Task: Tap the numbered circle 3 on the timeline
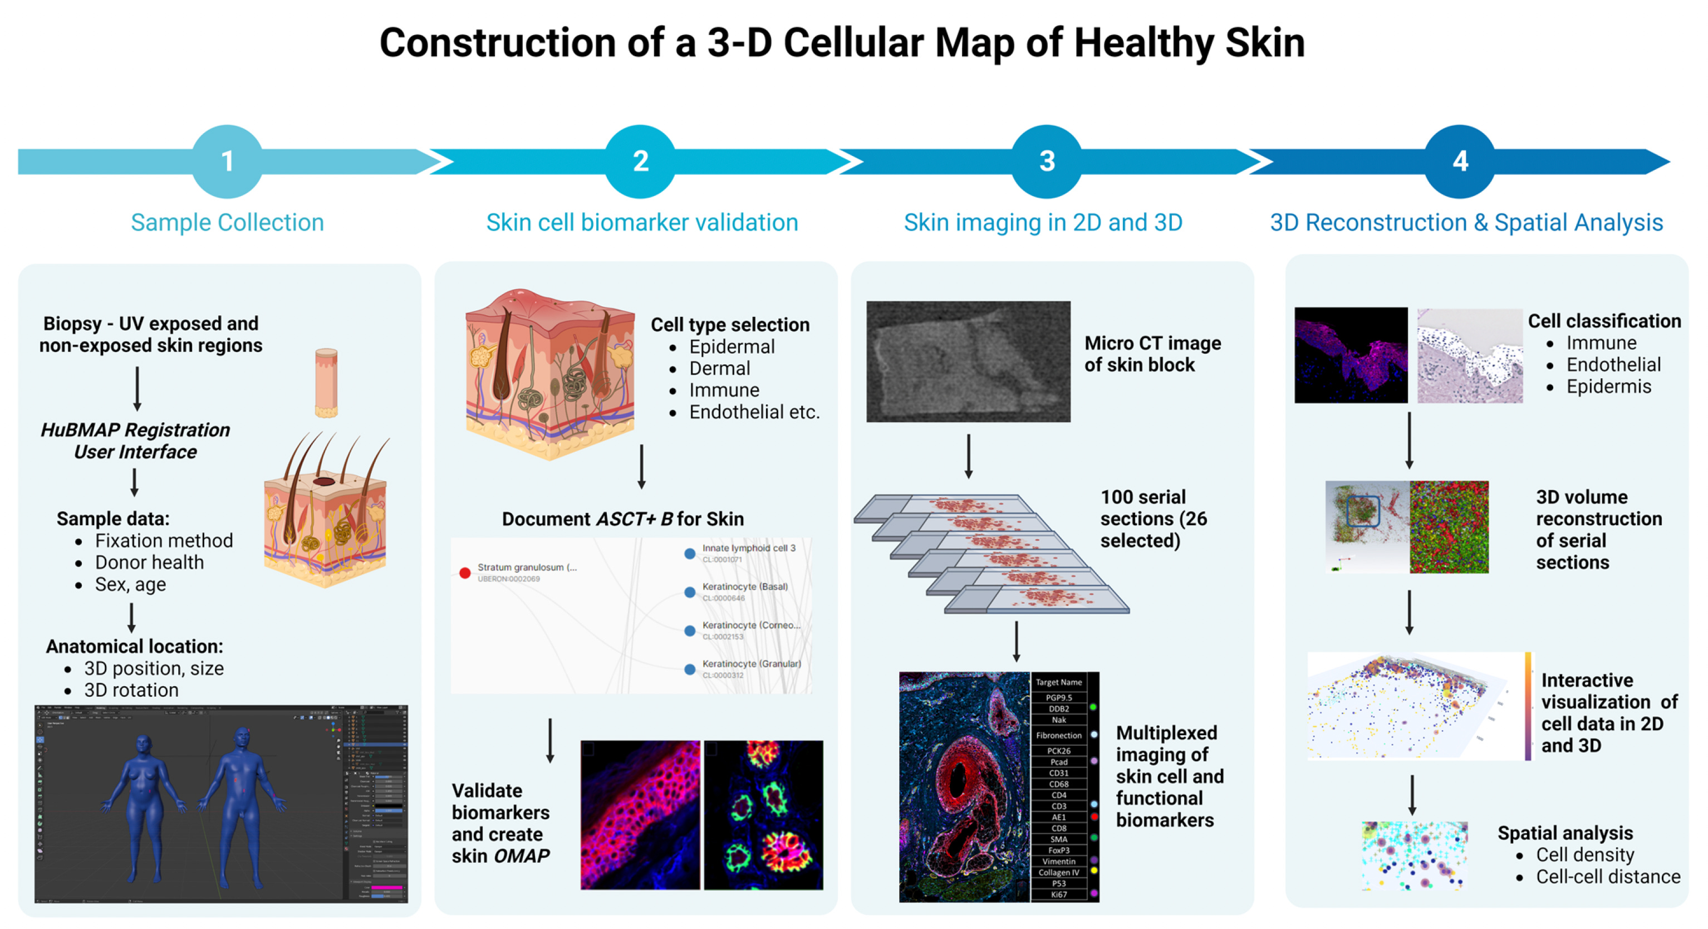(1046, 161)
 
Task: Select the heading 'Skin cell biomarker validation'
(641, 222)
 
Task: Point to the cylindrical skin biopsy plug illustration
(326, 383)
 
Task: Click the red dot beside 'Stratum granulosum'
(465, 572)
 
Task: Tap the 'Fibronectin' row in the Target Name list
(1058, 735)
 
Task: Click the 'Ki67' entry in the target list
(1058, 894)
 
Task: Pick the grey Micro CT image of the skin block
(968, 361)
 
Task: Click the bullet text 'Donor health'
(149, 563)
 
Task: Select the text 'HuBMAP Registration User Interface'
(135, 441)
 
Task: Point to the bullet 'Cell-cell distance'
(1607, 877)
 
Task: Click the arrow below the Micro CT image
(968, 457)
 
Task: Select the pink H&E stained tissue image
(1469, 356)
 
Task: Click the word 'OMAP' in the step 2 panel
(522, 856)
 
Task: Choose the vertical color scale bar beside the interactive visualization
(1528, 706)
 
